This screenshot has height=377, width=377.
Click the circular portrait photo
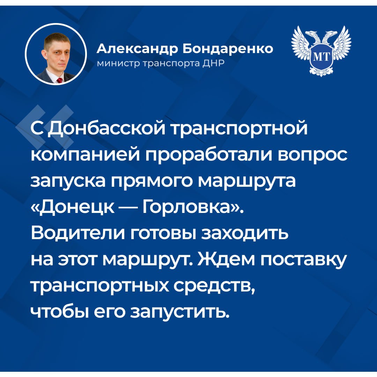[x=56, y=54]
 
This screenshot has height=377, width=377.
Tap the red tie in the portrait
[x=59, y=80]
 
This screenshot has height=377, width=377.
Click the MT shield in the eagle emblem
[x=321, y=57]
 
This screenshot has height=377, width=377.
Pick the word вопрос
[x=313, y=155]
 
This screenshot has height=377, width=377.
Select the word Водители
[x=78, y=234]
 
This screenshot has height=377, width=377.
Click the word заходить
[x=244, y=234]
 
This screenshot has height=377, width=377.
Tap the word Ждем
[x=226, y=260]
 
